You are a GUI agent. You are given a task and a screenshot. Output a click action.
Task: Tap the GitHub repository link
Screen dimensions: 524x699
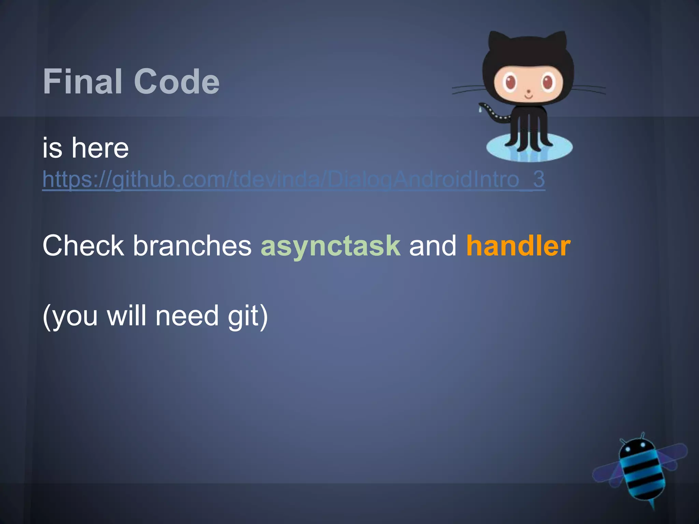click(294, 179)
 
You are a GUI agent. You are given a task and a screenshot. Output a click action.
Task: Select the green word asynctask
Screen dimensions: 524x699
click(330, 246)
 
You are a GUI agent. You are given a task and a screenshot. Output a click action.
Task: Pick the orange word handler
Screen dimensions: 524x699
click(518, 246)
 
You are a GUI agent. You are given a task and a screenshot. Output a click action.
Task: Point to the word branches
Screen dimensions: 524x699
click(192, 246)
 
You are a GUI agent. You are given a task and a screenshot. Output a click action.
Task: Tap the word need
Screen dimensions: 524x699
click(187, 316)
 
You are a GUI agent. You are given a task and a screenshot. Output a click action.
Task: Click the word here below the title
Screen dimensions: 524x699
click(100, 148)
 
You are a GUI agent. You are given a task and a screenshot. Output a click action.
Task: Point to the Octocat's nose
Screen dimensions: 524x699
click(529, 91)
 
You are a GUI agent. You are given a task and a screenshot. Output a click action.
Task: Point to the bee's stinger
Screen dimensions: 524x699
click(653, 505)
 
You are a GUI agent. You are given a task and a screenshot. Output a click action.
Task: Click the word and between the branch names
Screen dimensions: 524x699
click(433, 246)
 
